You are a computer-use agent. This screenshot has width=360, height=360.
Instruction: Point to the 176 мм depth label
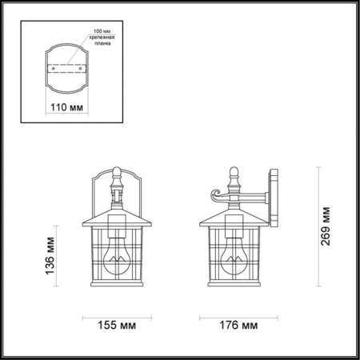pos(238,326)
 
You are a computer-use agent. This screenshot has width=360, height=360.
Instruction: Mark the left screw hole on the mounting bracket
pos(54,69)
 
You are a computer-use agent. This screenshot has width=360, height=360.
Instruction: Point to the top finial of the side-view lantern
pos(235,171)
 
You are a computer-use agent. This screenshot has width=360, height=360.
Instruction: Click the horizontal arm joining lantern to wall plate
pos(254,194)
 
